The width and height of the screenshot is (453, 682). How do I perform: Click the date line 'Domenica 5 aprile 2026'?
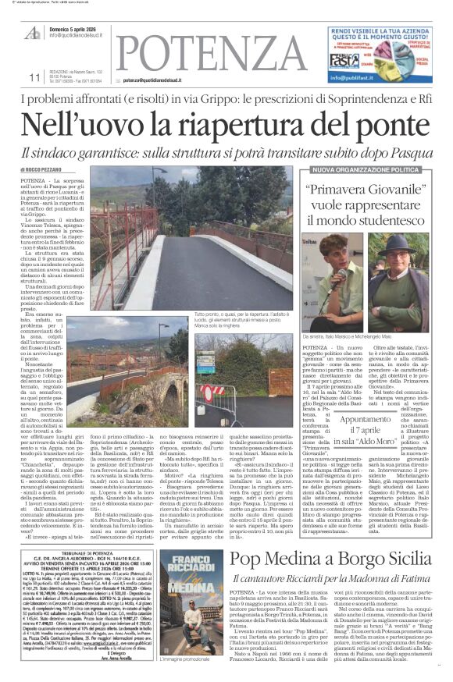coord(81,27)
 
